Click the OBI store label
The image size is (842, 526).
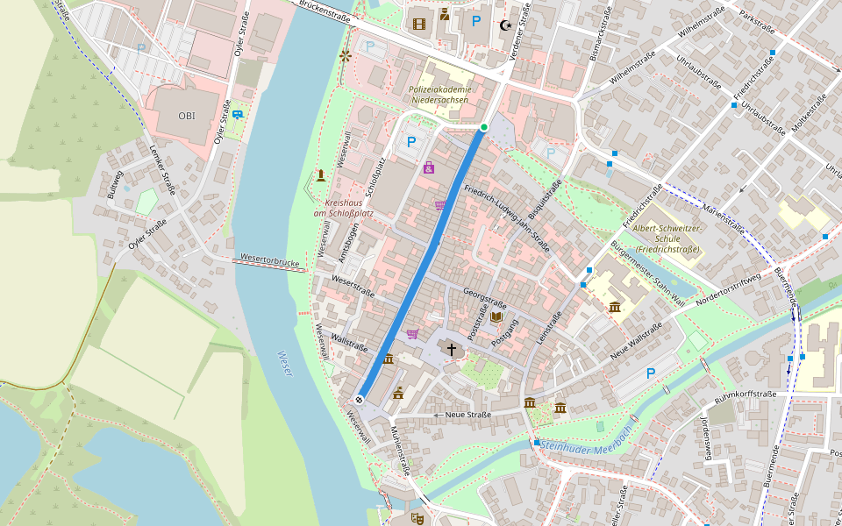click(187, 116)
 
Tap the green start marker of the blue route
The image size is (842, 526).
click(483, 128)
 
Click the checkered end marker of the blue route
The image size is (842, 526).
click(359, 400)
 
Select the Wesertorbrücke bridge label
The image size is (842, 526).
click(269, 261)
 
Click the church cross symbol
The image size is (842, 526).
click(452, 350)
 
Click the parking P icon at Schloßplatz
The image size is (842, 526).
click(410, 141)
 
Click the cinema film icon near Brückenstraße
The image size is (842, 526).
click(417, 24)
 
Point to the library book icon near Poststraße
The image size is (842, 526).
click(496, 317)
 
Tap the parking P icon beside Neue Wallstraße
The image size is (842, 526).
click(650, 373)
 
